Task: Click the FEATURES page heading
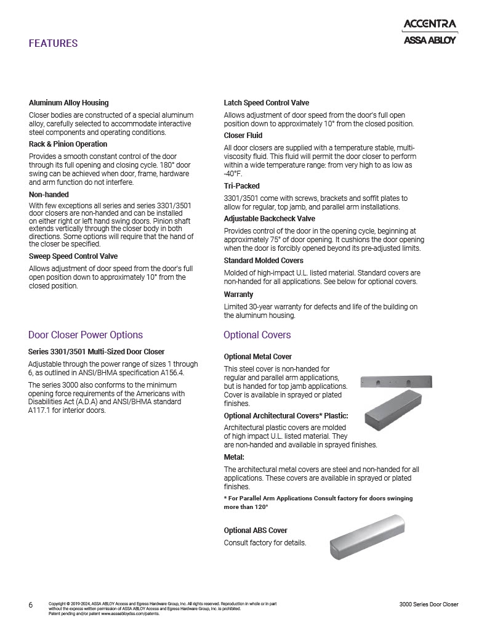tap(53, 43)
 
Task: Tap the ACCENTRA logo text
tap(429, 25)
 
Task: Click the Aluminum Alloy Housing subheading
tap(69, 103)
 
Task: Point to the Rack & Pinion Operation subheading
tap(68, 144)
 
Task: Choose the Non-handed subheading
tap(49, 195)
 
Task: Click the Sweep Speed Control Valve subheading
tap(73, 256)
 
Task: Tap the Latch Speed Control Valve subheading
tap(266, 103)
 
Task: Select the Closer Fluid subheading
tap(243, 136)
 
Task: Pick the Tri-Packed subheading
tap(241, 186)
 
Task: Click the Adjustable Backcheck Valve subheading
tap(270, 219)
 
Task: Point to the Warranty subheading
tap(238, 295)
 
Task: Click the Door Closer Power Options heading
tap(86, 335)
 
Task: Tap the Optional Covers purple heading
tap(257, 335)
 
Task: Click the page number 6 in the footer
tap(31, 605)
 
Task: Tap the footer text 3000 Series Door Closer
tap(429, 605)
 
